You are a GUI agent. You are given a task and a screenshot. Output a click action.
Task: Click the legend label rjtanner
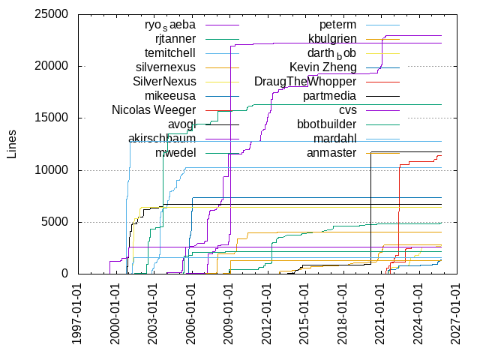(175, 39)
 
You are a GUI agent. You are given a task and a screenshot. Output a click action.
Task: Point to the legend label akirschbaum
(162, 139)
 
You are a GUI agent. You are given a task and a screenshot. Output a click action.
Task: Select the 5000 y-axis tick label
(55, 222)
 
